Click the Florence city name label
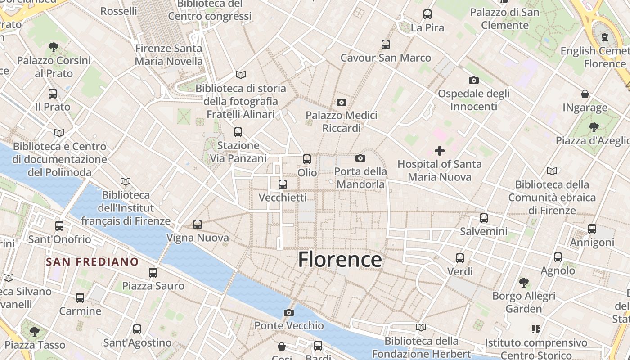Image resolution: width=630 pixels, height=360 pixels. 340,260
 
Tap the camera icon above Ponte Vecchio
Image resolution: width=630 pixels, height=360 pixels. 289,312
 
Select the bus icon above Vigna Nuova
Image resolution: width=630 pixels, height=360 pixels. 198,224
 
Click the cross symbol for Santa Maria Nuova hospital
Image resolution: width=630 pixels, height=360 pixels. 440,151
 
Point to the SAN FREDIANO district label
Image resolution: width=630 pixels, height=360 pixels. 93,261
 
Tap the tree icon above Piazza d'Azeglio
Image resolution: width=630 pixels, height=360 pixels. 594,127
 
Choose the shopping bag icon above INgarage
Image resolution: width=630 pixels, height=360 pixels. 585,94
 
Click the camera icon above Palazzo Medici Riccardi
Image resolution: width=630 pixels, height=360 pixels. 342,102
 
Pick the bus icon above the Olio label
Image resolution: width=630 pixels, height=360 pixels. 307,159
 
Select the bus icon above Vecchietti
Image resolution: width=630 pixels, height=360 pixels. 283,184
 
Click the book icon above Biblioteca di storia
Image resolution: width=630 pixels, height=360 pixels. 241,75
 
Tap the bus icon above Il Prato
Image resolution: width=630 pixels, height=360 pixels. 53,94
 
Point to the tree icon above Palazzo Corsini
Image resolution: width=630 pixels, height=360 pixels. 54,47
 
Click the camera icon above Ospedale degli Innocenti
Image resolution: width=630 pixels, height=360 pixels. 474,80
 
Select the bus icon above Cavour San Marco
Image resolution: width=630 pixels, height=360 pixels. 386,44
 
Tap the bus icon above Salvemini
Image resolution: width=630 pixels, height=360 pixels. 484,218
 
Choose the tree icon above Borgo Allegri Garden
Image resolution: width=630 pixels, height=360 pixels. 523,283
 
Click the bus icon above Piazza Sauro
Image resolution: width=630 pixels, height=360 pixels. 153,272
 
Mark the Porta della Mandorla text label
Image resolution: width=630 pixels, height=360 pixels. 360,178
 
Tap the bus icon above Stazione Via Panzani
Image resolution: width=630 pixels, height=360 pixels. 238,132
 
